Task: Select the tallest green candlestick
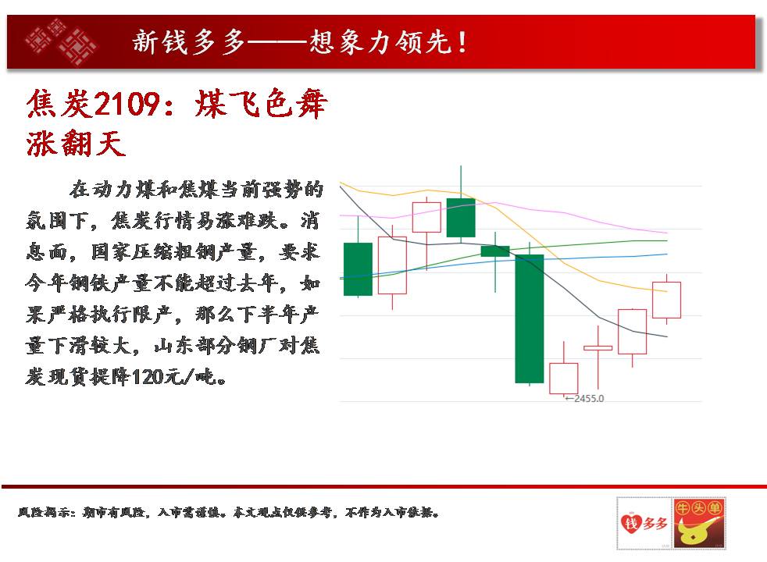pyautogui.click(x=530, y=318)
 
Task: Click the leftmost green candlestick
pyautogui.click(x=358, y=269)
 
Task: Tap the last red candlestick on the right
pyautogui.click(x=666, y=300)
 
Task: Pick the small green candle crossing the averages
pyautogui.click(x=495, y=251)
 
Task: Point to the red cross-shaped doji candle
pyautogui.click(x=598, y=348)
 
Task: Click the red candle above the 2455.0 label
pyautogui.click(x=563, y=378)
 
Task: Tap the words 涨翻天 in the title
pyautogui.click(x=76, y=143)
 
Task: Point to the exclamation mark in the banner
pyautogui.click(x=462, y=42)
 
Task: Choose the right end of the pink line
pyautogui.click(x=667, y=233)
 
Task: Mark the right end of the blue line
pyautogui.click(x=667, y=254)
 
